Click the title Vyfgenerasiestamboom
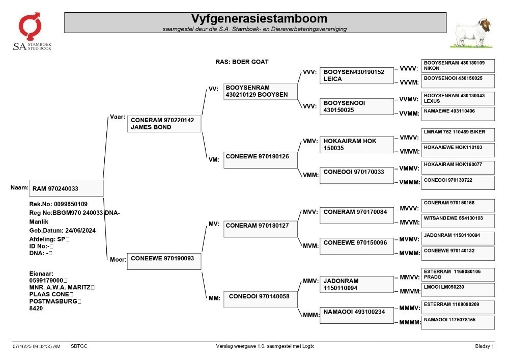coord(259,18)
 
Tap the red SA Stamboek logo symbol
coord(30,25)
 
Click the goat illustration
coord(472,34)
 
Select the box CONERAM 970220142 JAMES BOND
coord(164,124)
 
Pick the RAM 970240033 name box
coord(66,188)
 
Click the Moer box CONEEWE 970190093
coord(164,261)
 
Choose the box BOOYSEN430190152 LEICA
coord(356,76)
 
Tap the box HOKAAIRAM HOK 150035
coord(356,145)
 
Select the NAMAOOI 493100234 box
coord(356,315)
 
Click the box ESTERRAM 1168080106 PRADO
coord(458,274)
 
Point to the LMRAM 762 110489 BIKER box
coord(458,135)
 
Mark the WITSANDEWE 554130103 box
coord(458,221)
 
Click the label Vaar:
coord(118,117)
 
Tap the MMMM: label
coord(410,322)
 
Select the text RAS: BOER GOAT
coord(242,62)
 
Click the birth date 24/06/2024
coord(80,231)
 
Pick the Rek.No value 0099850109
coord(71,204)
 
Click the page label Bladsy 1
coord(485,346)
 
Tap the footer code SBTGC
coord(79,346)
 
